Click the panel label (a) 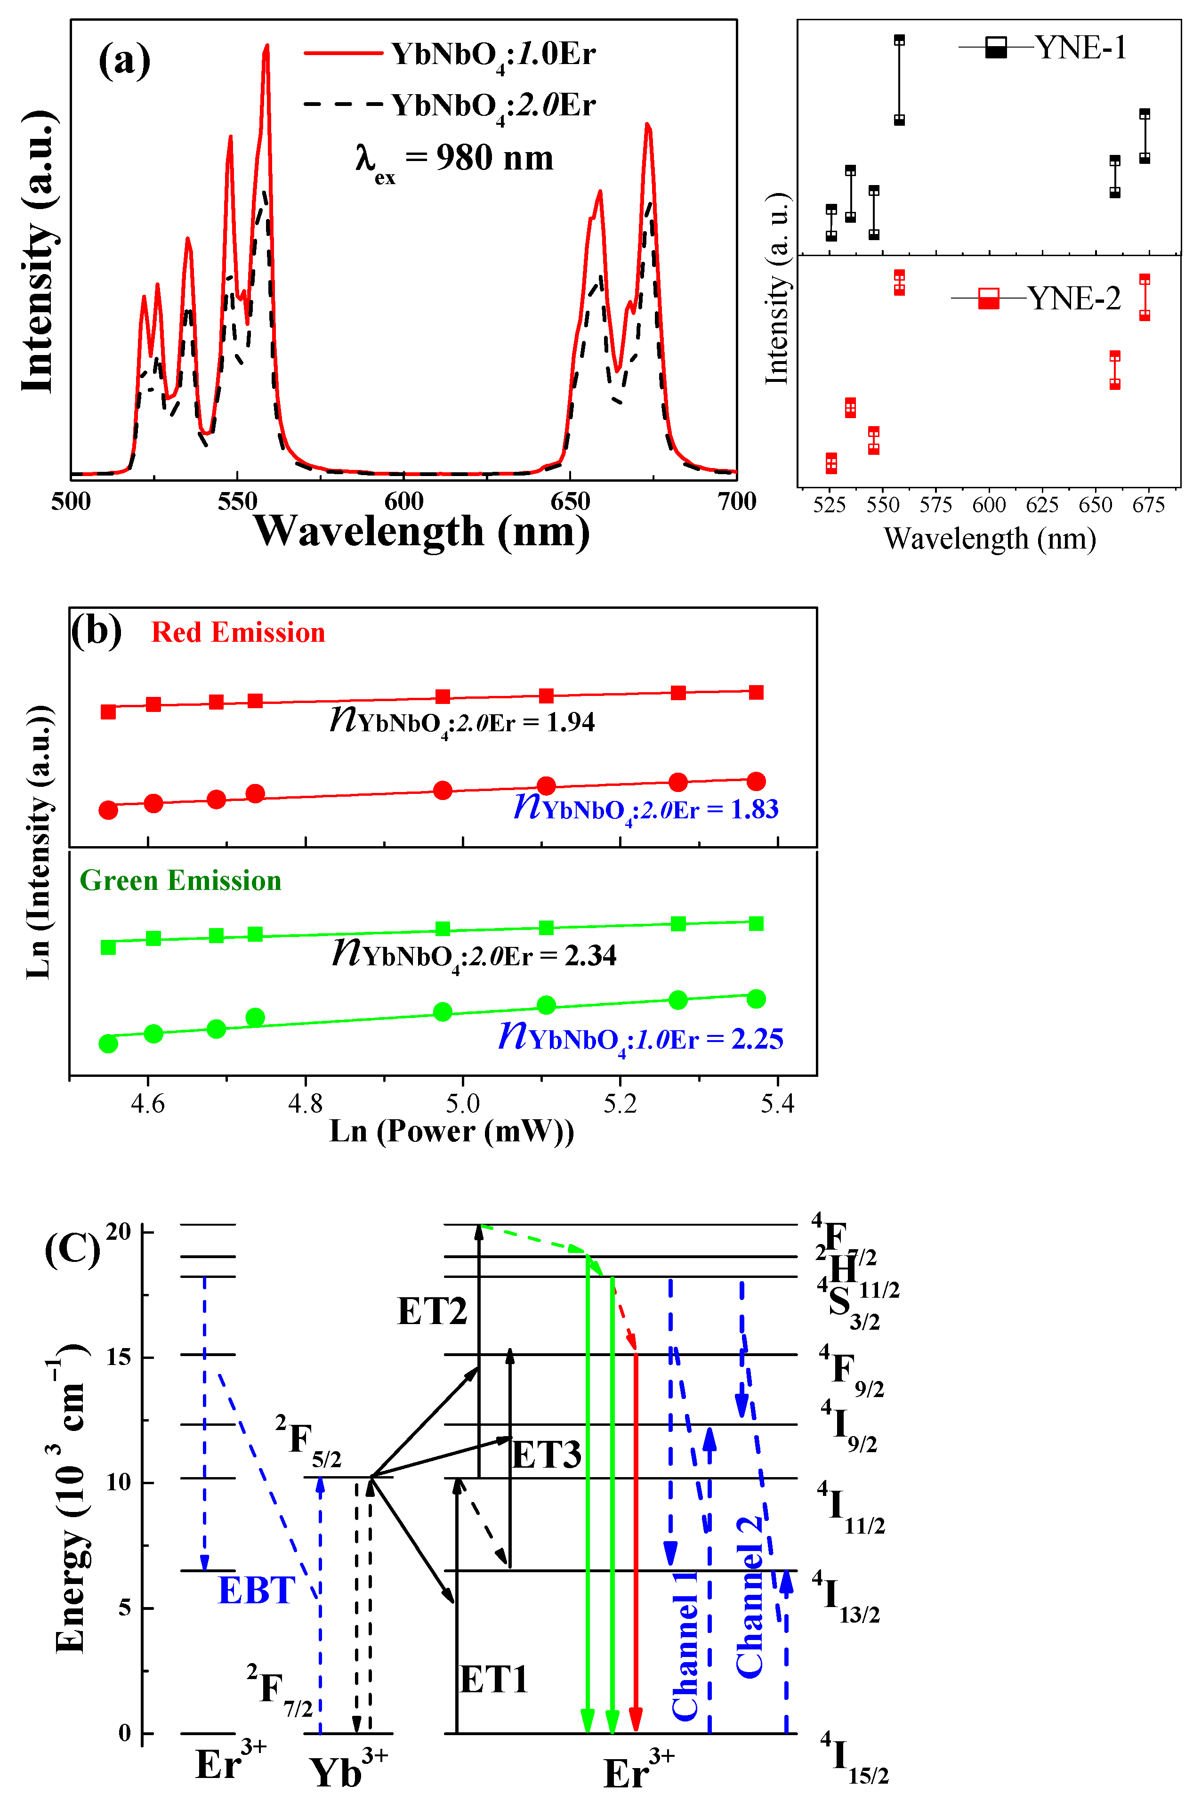coord(124,61)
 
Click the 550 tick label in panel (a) coord(237,502)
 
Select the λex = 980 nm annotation coord(453,159)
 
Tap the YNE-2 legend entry coord(1036,298)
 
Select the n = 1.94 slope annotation coord(462,721)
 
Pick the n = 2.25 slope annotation coord(640,1038)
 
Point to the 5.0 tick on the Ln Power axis coord(463,1104)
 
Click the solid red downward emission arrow coord(635,1540)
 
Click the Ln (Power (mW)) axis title coord(452,1131)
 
